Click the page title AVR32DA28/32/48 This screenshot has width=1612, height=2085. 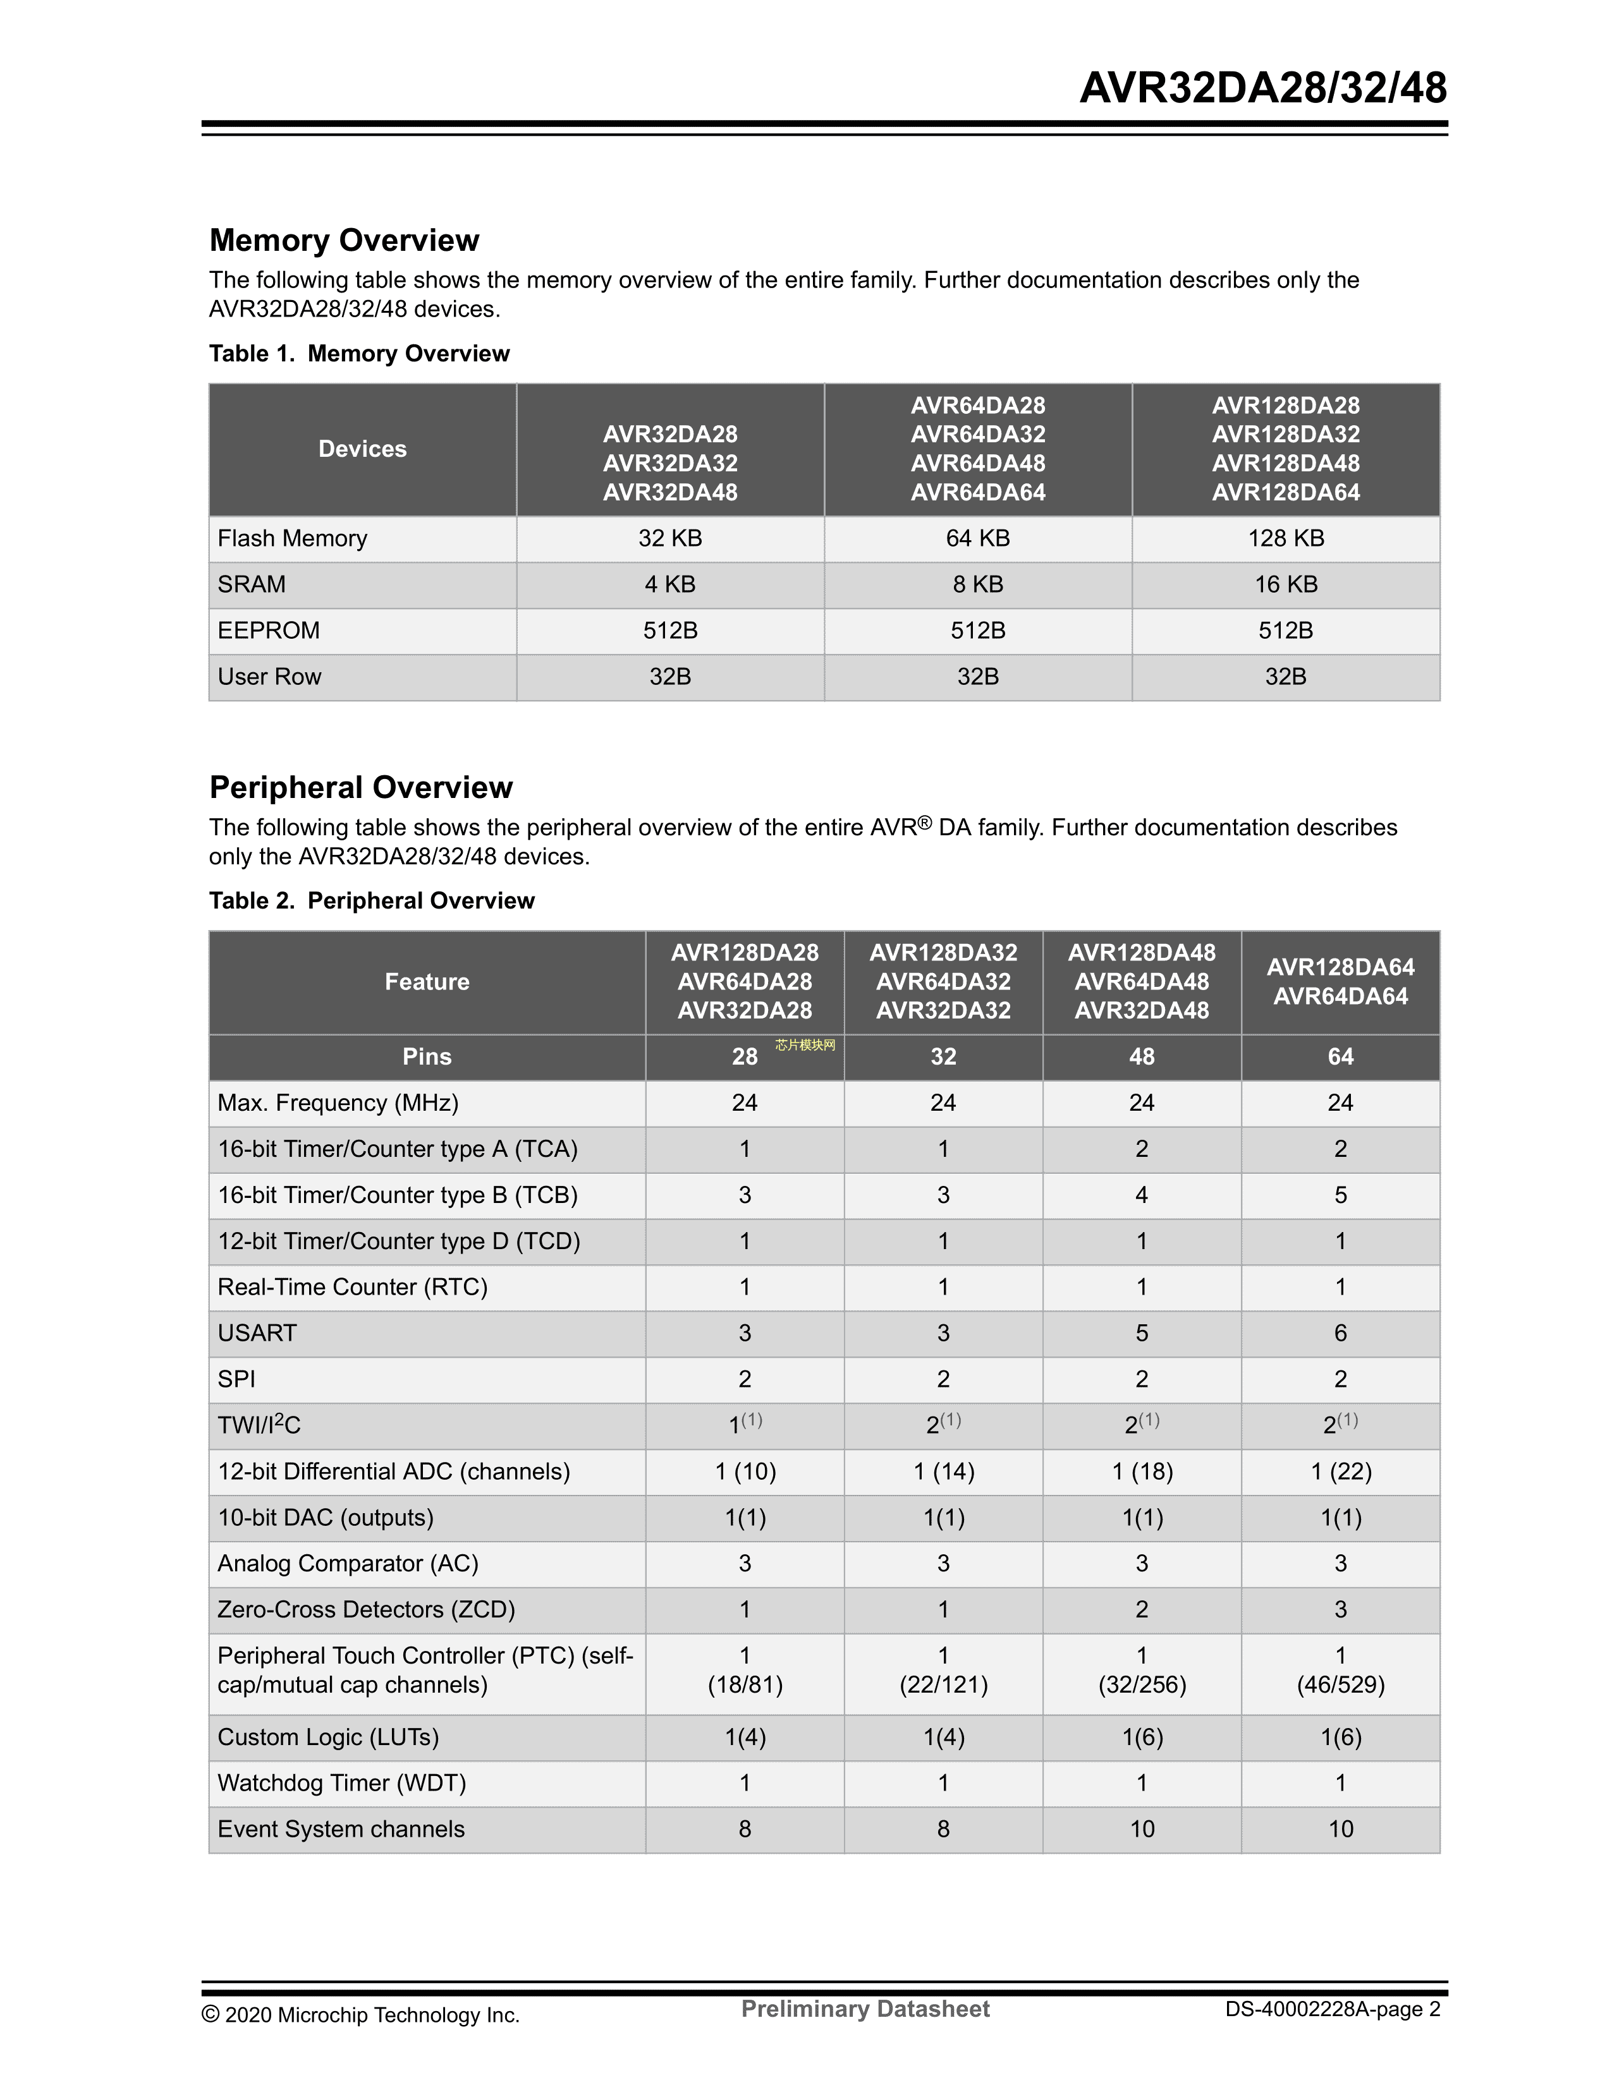[x=1262, y=88]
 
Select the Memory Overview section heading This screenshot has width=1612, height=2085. [x=344, y=241]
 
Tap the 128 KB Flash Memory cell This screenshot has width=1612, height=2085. [x=1285, y=538]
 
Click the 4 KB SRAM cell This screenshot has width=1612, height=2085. [x=669, y=584]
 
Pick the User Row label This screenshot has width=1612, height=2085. [x=269, y=677]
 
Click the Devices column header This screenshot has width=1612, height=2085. [x=362, y=449]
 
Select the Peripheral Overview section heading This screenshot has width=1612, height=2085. [x=361, y=788]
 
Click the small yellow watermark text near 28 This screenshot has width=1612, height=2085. [x=805, y=1046]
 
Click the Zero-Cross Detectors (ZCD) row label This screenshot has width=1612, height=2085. [x=366, y=1610]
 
